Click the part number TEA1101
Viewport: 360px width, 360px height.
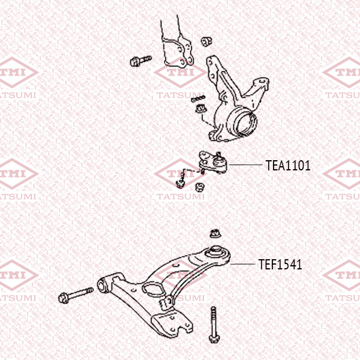click(288, 166)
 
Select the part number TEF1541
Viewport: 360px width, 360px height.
click(280, 265)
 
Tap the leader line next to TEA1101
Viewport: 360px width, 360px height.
click(245, 164)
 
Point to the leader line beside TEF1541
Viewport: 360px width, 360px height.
click(242, 264)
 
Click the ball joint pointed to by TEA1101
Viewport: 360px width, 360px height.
click(213, 163)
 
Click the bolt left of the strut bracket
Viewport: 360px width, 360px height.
click(140, 61)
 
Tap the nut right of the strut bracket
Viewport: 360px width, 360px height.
click(206, 41)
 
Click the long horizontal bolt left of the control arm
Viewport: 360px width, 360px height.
click(76, 295)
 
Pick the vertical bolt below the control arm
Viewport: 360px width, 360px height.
click(214, 325)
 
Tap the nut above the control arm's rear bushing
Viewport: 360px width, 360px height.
click(215, 233)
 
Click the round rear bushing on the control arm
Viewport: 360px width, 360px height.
click(216, 253)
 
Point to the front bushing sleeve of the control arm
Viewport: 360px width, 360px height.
click(103, 285)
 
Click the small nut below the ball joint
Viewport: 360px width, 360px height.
click(200, 187)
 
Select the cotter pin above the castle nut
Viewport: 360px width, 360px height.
click(197, 98)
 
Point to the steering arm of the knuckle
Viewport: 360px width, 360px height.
click(257, 88)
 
